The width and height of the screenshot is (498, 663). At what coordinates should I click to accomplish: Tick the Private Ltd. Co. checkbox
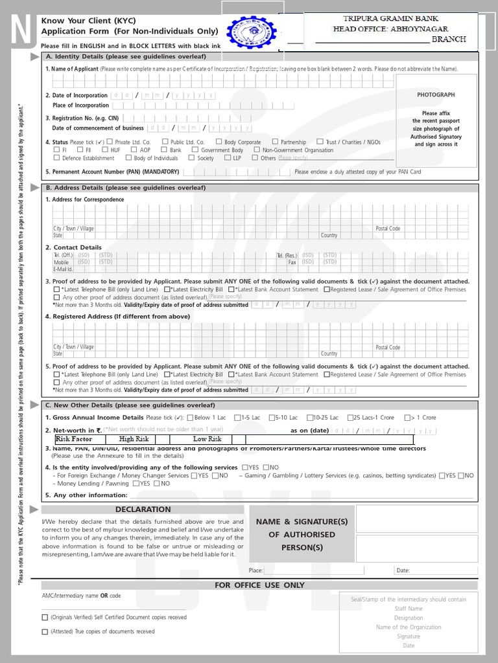pyautogui.click(x=110, y=142)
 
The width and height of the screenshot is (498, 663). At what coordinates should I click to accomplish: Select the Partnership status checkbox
pyautogui.click(x=276, y=142)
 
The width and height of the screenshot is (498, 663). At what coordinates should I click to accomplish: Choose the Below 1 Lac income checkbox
pyautogui.click(x=189, y=418)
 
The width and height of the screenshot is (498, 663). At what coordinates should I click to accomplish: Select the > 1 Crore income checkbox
pyautogui.click(x=407, y=418)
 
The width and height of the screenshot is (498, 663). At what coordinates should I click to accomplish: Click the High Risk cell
pyautogui.click(x=134, y=439)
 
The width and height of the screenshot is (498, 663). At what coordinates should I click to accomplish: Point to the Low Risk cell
pyautogui.click(x=207, y=439)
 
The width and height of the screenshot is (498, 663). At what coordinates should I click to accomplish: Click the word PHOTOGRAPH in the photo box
pyautogui.click(x=436, y=95)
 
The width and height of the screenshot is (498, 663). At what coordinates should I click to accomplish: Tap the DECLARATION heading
pyautogui.click(x=143, y=510)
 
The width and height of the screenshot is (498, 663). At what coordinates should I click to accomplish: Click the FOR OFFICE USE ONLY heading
pyautogui.click(x=259, y=585)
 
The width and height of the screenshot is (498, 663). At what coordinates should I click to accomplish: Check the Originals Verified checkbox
pyautogui.click(x=45, y=618)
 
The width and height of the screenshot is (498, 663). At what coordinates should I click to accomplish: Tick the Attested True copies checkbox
pyautogui.click(x=45, y=631)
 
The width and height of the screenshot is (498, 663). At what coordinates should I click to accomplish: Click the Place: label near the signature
pyautogui.click(x=255, y=570)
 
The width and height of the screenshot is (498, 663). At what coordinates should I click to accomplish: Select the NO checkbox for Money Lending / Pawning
pyautogui.click(x=156, y=484)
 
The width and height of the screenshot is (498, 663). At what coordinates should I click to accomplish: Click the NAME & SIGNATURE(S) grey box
pyautogui.click(x=302, y=534)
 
